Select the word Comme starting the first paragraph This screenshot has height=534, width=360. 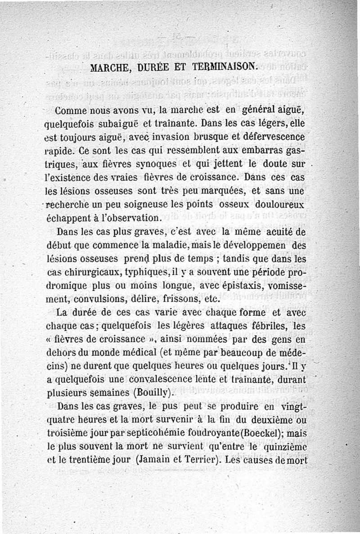pyautogui.click(x=70, y=111)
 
